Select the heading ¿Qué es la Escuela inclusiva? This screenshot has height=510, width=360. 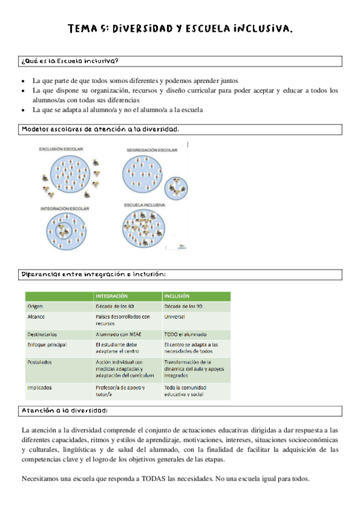70,61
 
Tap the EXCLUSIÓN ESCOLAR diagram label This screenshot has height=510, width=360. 61,149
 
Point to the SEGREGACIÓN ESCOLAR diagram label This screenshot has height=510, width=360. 152,149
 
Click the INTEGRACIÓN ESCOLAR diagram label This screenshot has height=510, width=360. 64,208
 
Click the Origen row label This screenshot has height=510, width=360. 36,306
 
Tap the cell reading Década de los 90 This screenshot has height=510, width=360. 184,306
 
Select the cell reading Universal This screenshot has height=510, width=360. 175,316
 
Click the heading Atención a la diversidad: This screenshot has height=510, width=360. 65,411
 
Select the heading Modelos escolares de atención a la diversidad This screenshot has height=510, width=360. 100,129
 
